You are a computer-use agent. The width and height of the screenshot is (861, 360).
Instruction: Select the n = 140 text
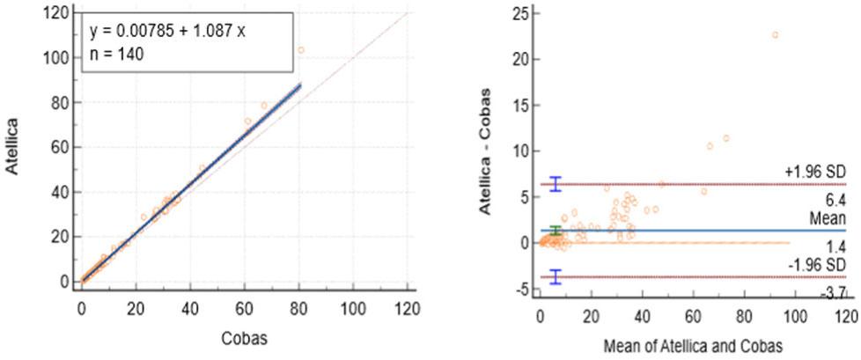point(116,54)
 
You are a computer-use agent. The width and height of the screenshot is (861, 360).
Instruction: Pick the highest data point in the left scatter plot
point(300,50)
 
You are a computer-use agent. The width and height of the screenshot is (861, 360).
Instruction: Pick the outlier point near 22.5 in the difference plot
point(775,35)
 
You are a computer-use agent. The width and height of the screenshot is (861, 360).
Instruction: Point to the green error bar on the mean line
point(556,231)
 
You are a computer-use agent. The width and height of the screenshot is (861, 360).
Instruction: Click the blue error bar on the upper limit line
point(556,183)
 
